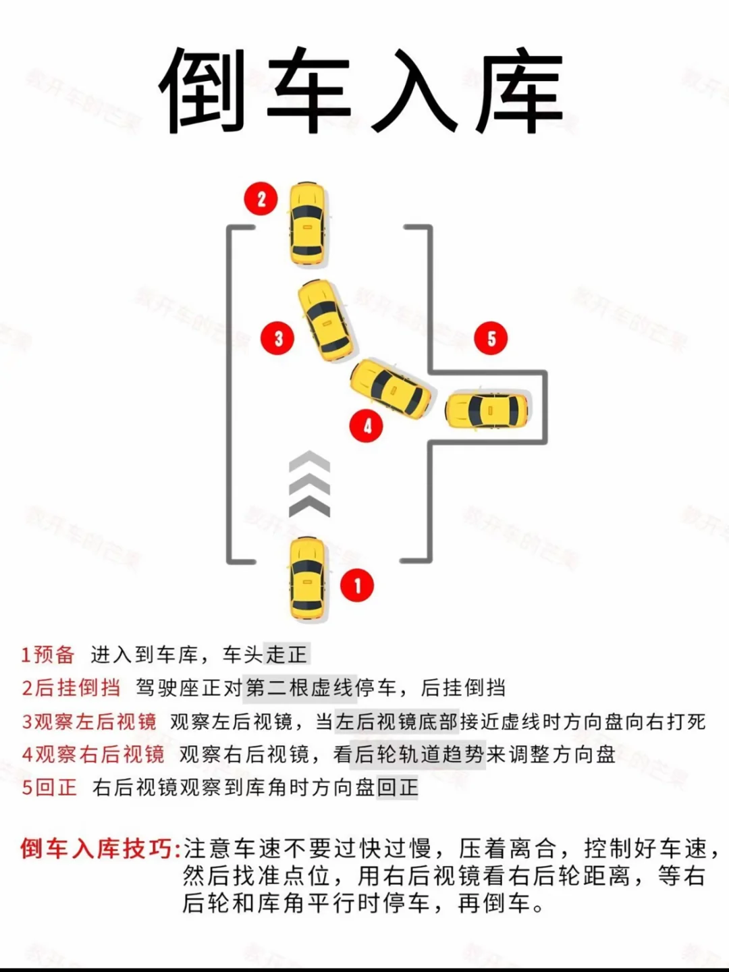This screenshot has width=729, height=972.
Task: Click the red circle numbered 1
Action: tap(357, 585)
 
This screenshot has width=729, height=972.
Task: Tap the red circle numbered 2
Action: tap(261, 199)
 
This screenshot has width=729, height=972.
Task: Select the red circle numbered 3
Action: tap(277, 339)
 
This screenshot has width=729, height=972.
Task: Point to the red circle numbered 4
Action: tap(367, 426)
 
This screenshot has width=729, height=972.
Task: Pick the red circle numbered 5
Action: tap(491, 338)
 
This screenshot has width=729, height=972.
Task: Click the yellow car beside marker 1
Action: tap(308, 579)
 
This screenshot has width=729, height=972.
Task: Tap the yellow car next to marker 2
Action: tap(308, 223)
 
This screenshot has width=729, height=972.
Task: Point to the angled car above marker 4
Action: tap(391, 388)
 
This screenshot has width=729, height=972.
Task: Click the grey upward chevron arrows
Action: tap(309, 484)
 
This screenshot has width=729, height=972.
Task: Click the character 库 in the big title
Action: tap(519, 90)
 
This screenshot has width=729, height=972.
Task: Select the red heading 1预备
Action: tap(48, 655)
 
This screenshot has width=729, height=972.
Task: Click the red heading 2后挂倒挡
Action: tap(71, 688)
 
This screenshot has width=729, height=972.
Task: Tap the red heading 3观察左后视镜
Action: tap(89, 722)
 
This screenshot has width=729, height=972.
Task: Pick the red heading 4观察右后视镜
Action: tap(93, 754)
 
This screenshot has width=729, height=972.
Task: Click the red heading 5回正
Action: tap(49, 787)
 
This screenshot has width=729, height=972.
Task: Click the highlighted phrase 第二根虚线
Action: tap(300, 688)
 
